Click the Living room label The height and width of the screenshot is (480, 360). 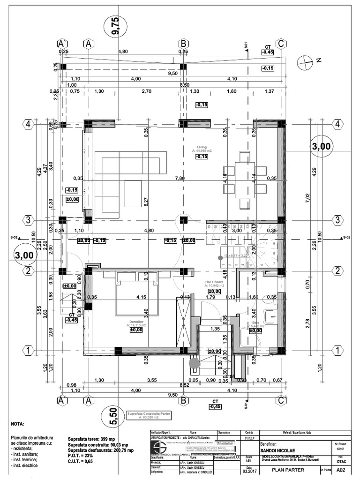[x=202, y=146]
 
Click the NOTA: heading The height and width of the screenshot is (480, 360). [x=17, y=423]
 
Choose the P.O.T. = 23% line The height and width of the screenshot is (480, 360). [x=84, y=456]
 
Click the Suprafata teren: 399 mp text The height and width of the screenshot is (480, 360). [x=94, y=439]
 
